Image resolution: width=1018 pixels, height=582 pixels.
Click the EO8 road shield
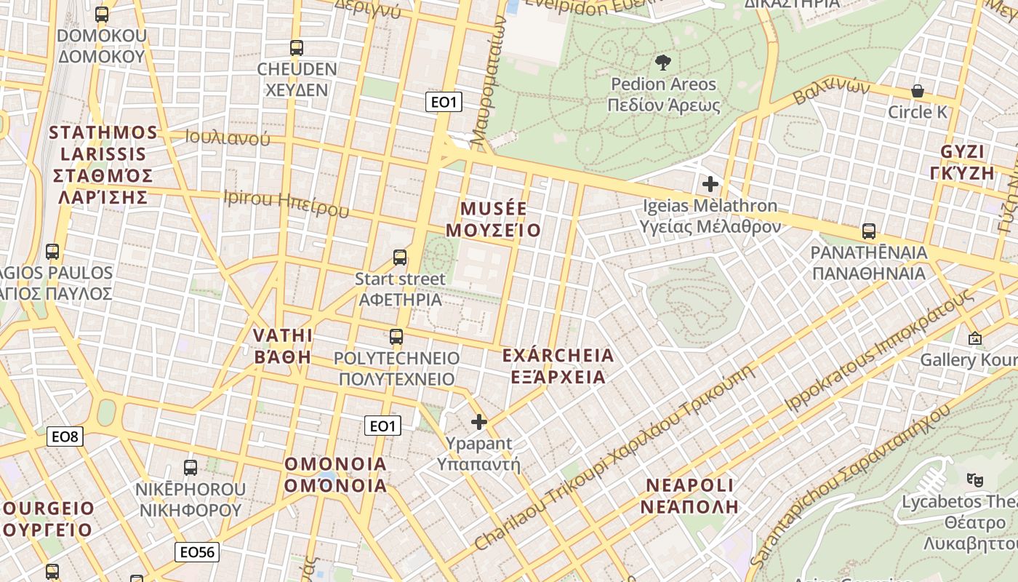pyautogui.click(x=65, y=436)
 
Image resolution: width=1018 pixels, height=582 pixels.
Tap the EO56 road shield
pyautogui.click(x=197, y=552)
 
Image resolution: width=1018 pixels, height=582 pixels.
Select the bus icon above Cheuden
pyautogui.click(x=297, y=48)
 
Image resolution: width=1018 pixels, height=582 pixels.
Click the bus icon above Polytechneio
pyautogui.click(x=396, y=336)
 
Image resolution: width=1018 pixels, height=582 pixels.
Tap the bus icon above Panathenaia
pyautogui.click(x=868, y=231)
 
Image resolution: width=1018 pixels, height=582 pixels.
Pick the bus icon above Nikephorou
pyautogui.click(x=191, y=468)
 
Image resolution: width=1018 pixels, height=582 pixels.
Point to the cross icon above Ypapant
pyautogui.click(x=479, y=421)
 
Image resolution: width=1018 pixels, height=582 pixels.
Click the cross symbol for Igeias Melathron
pyautogui.click(x=710, y=184)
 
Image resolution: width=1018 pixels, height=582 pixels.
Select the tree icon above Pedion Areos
pyautogui.click(x=663, y=62)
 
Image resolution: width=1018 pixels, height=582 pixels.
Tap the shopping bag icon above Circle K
pyautogui.click(x=918, y=91)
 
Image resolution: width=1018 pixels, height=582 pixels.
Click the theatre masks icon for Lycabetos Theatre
pyautogui.click(x=974, y=479)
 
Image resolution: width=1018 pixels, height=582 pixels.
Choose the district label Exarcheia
pyautogui.click(x=558, y=366)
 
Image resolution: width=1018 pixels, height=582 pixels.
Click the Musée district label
pyautogui.click(x=494, y=220)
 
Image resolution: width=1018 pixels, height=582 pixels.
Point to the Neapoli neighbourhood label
pyautogui.click(x=689, y=495)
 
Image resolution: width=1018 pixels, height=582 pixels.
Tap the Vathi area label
pyautogui.click(x=282, y=346)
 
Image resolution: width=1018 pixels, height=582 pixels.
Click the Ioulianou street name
pyautogui.click(x=228, y=137)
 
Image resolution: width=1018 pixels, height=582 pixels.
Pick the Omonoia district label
pyautogui.click(x=335, y=474)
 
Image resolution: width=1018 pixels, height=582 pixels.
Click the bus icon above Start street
pyautogui.click(x=400, y=257)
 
